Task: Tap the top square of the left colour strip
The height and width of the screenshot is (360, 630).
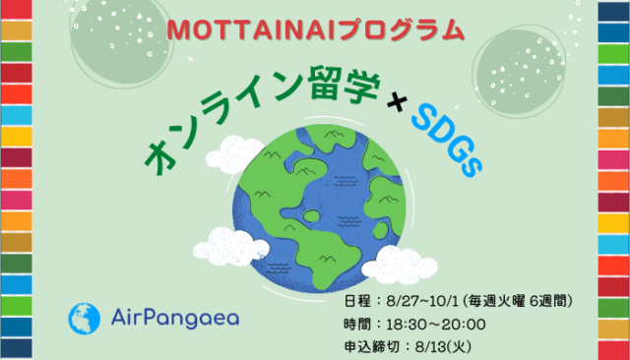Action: (x=17, y=9)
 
